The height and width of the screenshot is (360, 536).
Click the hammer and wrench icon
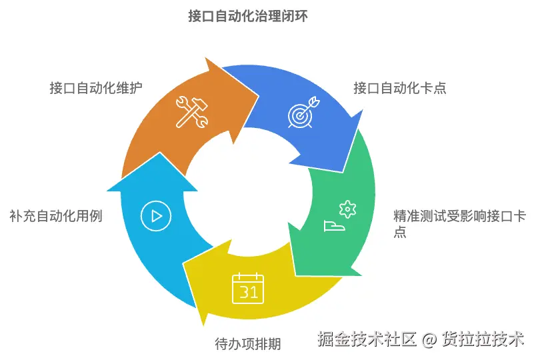pyautogui.click(x=192, y=111)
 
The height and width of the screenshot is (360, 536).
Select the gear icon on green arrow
pyautogui.click(x=347, y=209)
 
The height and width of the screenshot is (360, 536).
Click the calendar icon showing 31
pyautogui.click(x=248, y=288)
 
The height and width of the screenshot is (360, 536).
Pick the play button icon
pyautogui.click(x=156, y=216)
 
